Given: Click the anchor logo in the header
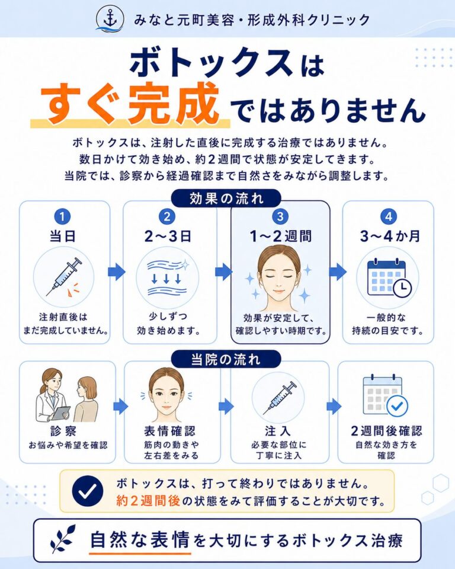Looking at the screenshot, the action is coord(110,18).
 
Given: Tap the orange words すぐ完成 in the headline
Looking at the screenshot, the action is coord(130,104).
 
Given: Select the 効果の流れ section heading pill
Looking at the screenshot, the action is coord(226,198).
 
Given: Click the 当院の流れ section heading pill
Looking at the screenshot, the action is coord(226,359).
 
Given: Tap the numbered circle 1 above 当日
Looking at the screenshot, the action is coord(62,217).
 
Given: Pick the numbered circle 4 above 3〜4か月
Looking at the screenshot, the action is coord(389,217).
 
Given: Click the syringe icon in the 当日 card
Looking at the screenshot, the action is coord(64,277).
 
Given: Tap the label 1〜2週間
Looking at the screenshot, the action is coord(280,236).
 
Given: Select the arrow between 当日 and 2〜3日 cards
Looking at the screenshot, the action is coord(117,272).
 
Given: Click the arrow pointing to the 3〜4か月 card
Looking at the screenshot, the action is coord(338,272).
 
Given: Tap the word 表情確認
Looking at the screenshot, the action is coord(170,431).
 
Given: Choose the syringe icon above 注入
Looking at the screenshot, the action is coord(280,398).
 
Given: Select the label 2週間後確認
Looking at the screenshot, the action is coord(386,431).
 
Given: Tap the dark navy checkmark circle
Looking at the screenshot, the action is coord(88,491).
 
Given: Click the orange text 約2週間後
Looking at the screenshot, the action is coord(148,501).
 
